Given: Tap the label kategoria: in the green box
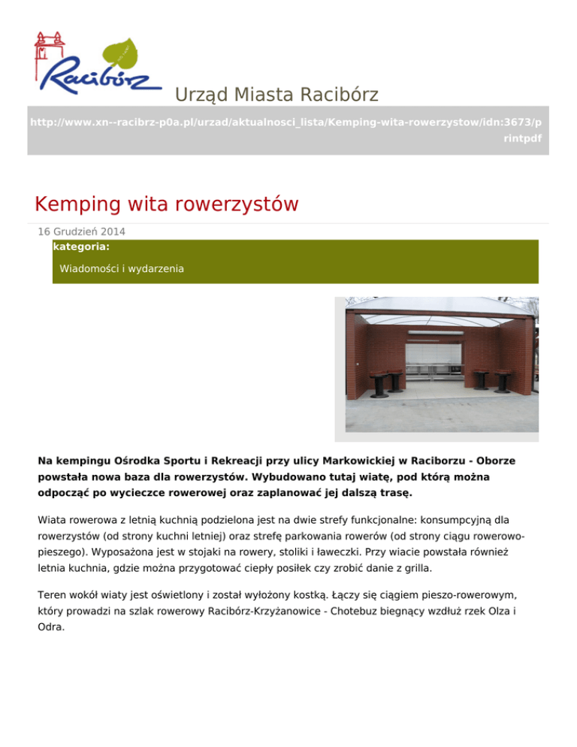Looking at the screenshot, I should coord(82,246).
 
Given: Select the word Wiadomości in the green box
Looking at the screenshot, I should coord(88,268).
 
